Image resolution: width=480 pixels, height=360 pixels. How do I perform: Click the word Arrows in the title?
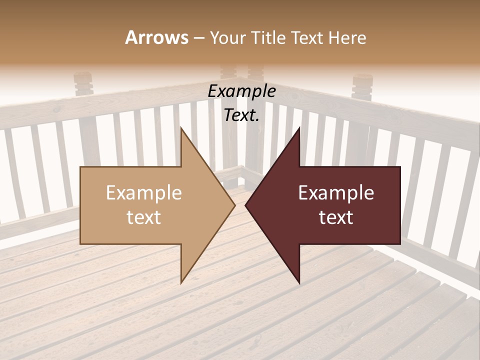[x=157, y=37]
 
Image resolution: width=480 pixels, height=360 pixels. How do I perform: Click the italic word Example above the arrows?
[x=241, y=91]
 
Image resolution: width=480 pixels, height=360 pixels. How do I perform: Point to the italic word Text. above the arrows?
[x=241, y=115]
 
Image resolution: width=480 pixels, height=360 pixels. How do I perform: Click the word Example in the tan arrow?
[x=144, y=193]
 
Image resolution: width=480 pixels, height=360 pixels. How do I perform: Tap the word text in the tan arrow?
[x=144, y=217]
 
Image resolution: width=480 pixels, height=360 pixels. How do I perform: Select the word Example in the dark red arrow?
[x=336, y=193]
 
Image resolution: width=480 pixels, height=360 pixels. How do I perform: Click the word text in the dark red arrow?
[x=336, y=217]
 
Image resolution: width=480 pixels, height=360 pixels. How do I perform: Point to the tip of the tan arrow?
[x=234, y=205]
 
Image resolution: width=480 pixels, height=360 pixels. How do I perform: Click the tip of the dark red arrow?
[x=246, y=205]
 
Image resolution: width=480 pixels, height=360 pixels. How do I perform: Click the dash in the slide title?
[x=198, y=38]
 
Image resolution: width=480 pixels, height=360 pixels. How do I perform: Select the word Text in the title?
[x=308, y=37]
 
